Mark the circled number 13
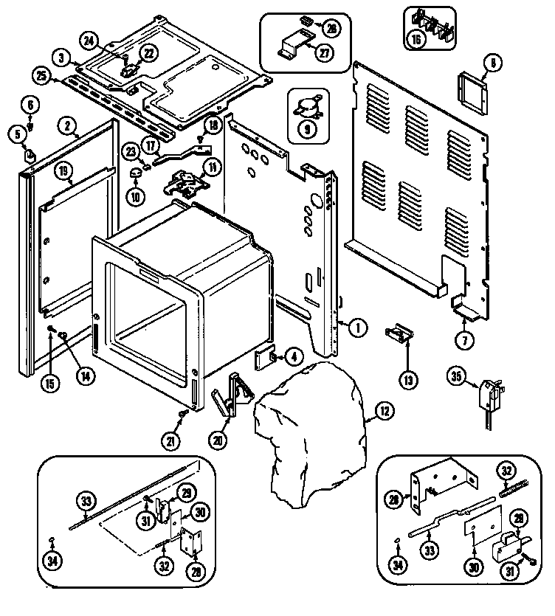pos(408,381)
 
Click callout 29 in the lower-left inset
pos(186,492)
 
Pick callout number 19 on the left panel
pos(65,173)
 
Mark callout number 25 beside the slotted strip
pos(41,75)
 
